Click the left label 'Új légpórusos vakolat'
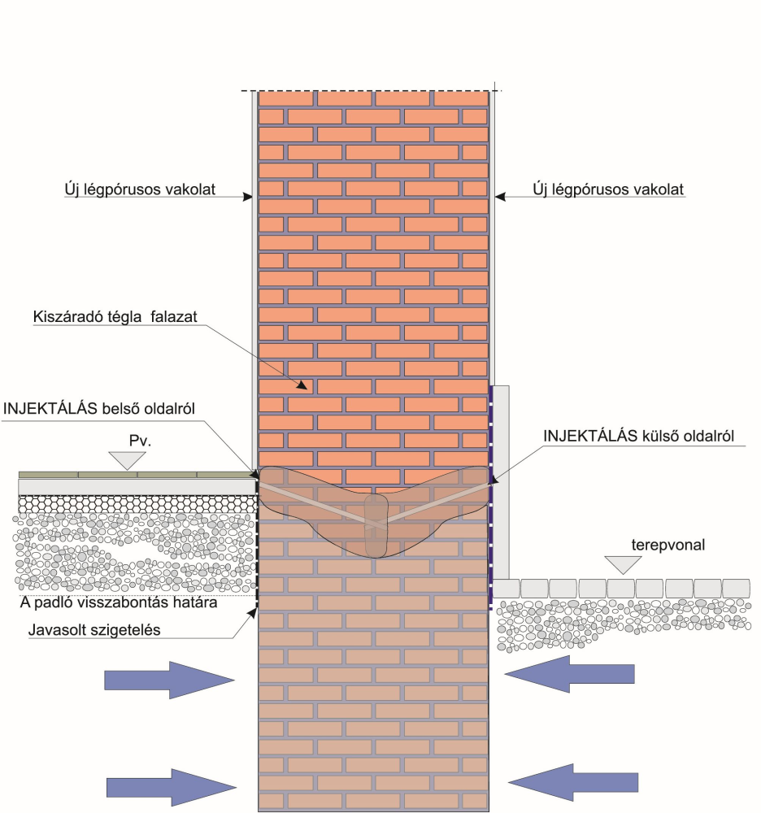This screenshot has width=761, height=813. pyautogui.click(x=139, y=189)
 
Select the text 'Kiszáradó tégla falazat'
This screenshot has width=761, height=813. pyautogui.click(x=116, y=317)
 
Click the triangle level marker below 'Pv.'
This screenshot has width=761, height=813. pyautogui.click(x=126, y=461)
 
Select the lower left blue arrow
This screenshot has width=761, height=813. pyautogui.click(x=172, y=785)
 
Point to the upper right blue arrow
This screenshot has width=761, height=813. pyautogui.click(x=569, y=674)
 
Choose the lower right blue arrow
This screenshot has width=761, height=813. pyautogui.click(x=573, y=781)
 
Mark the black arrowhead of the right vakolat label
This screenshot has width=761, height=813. pyautogui.click(x=500, y=196)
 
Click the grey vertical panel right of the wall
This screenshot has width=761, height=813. pyautogui.click(x=502, y=480)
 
